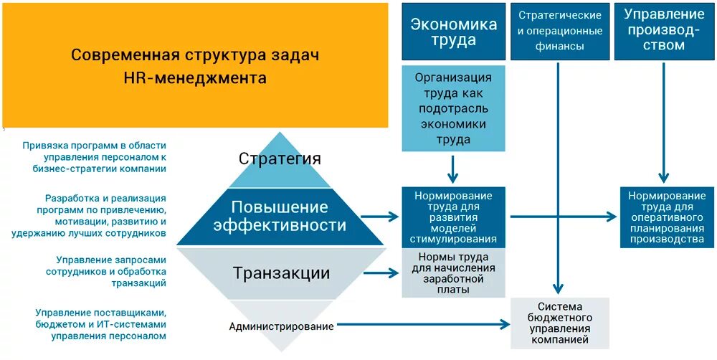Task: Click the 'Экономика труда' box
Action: (x=453, y=32)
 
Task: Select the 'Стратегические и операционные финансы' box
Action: (x=560, y=32)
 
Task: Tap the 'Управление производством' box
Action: (x=665, y=32)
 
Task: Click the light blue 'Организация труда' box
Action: (x=453, y=108)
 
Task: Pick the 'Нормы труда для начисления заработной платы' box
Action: (x=453, y=273)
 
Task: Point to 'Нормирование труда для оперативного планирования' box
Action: (x=667, y=217)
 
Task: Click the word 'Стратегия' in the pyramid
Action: (x=280, y=158)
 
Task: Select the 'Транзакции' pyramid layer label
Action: (x=281, y=273)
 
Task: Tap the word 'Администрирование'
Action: (x=281, y=326)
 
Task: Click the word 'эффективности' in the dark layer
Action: (x=279, y=226)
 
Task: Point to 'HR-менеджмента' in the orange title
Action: (x=194, y=78)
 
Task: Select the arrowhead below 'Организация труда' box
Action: (x=453, y=179)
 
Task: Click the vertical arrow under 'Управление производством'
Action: (x=665, y=122)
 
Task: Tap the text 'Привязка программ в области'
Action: (x=94, y=146)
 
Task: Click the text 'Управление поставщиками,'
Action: (x=100, y=313)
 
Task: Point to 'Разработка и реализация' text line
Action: (x=105, y=198)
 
